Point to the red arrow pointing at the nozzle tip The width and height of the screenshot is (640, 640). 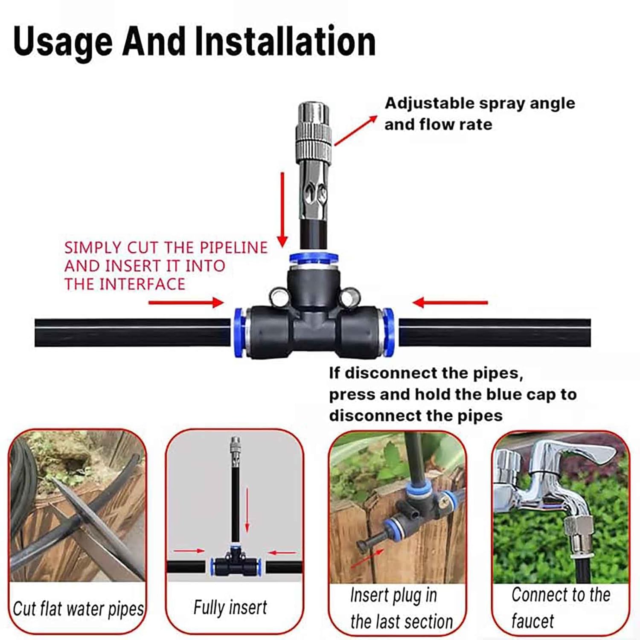tap(356, 130)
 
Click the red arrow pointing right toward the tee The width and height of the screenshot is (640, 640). tap(186, 303)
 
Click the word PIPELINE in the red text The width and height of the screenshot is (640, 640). tap(233, 247)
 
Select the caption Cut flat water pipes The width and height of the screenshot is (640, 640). tap(78, 609)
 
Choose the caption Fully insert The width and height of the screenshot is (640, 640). tap(230, 607)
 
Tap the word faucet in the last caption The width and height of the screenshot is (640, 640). tap(532, 621)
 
